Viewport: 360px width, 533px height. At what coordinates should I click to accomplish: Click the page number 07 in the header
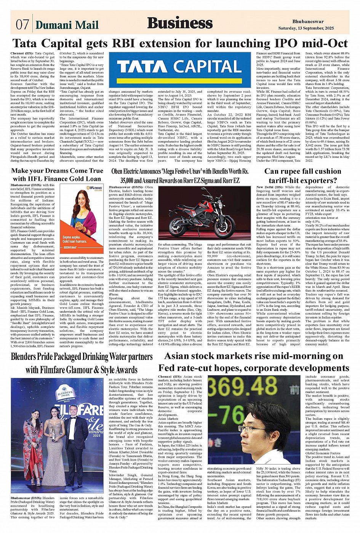pos(22,24)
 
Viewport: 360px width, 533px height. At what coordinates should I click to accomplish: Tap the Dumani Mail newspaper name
pos(67,25)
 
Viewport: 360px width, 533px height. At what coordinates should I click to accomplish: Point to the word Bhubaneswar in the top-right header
pos(308,22)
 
